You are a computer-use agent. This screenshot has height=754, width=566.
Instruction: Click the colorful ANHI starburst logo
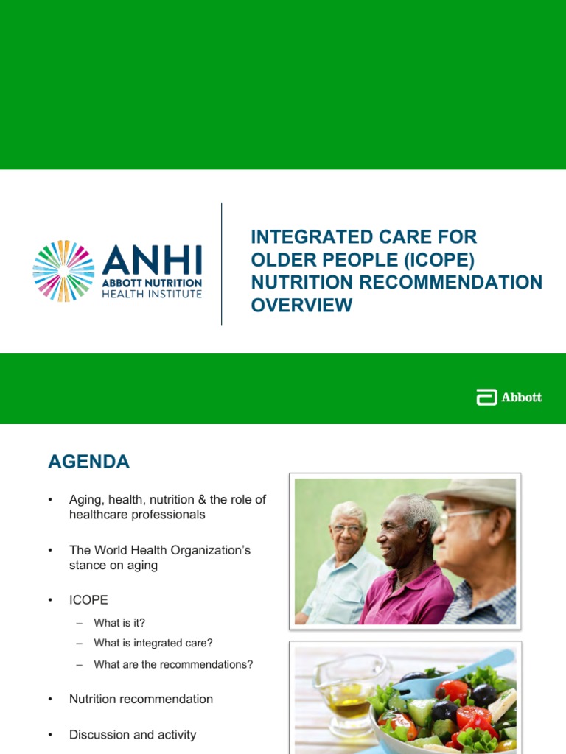[x=63, y=271]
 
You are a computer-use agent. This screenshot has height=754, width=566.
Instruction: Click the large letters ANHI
[x=152, y=260]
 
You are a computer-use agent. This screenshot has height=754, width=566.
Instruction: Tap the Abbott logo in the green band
[x=509, y=398]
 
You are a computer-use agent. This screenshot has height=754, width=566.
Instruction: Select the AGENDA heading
[x=88, y=462]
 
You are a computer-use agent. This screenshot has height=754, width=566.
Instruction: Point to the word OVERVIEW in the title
[x=301, y=305]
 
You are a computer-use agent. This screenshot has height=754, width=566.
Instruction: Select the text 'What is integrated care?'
[x=153, y=644]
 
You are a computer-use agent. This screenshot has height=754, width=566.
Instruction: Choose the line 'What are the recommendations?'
[x=173, y=664]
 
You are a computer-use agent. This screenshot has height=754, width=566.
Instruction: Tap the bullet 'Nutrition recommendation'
[x=141, y=699]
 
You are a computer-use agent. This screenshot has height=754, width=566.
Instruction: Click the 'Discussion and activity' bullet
[x=133, y=734]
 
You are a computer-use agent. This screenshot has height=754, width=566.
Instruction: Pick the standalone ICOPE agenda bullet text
[x=88, y=600]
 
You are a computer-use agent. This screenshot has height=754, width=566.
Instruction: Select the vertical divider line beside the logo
[x=222, y=264]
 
